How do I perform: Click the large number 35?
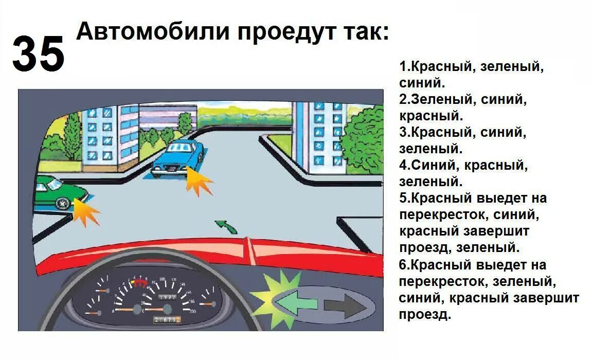[39, 54]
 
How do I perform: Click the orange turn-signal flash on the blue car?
[197, 181]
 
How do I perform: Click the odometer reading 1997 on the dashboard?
[167, 298]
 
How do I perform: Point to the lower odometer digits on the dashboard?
[167, 320]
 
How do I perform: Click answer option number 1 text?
[471, 74]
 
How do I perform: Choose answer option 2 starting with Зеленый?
[463, 107]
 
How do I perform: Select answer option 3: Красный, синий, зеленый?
[463, 140]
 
